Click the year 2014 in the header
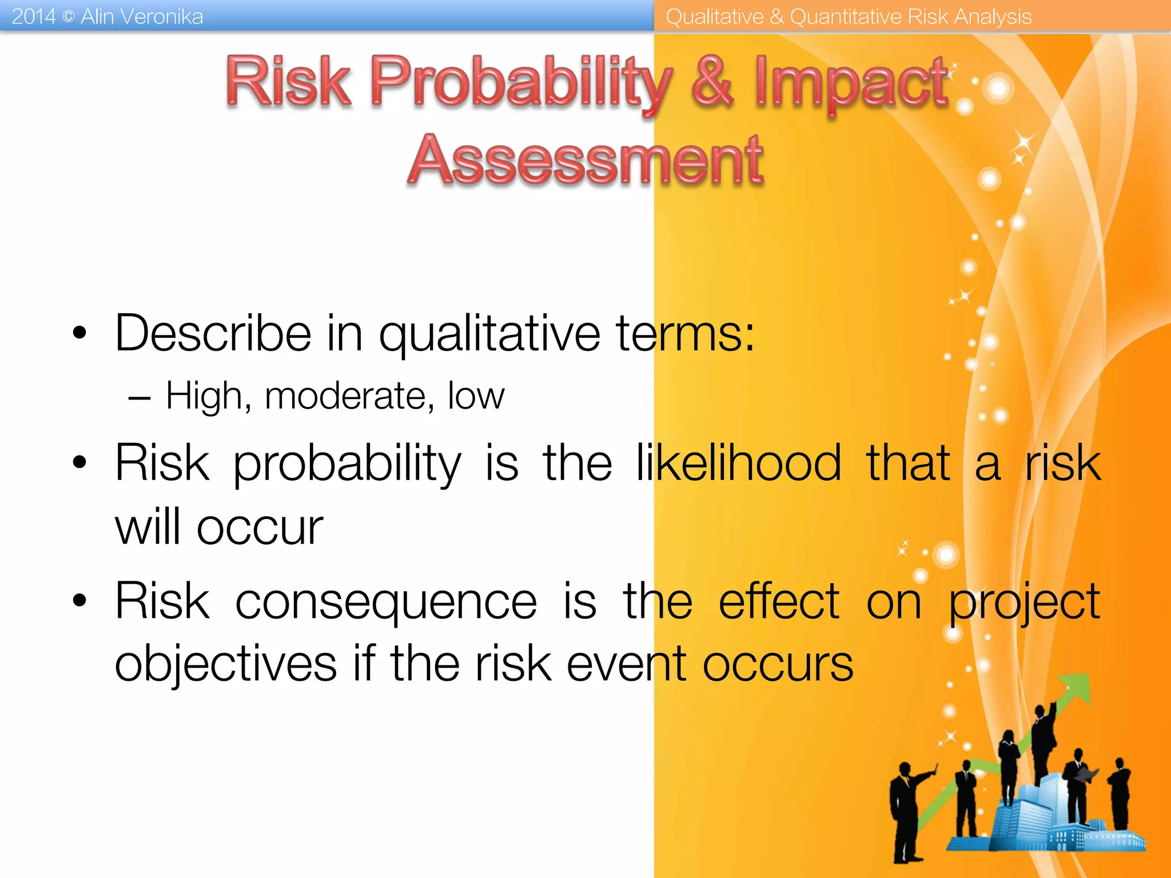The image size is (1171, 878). click(33, 17)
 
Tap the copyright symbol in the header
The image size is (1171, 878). click(68, 17)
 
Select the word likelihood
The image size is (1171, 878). click(738, 463)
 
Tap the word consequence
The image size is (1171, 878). click(386, 601)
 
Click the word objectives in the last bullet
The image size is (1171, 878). click(226, 664)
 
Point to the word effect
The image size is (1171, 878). click(779, 601)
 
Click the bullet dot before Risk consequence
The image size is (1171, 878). click(79, 601)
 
